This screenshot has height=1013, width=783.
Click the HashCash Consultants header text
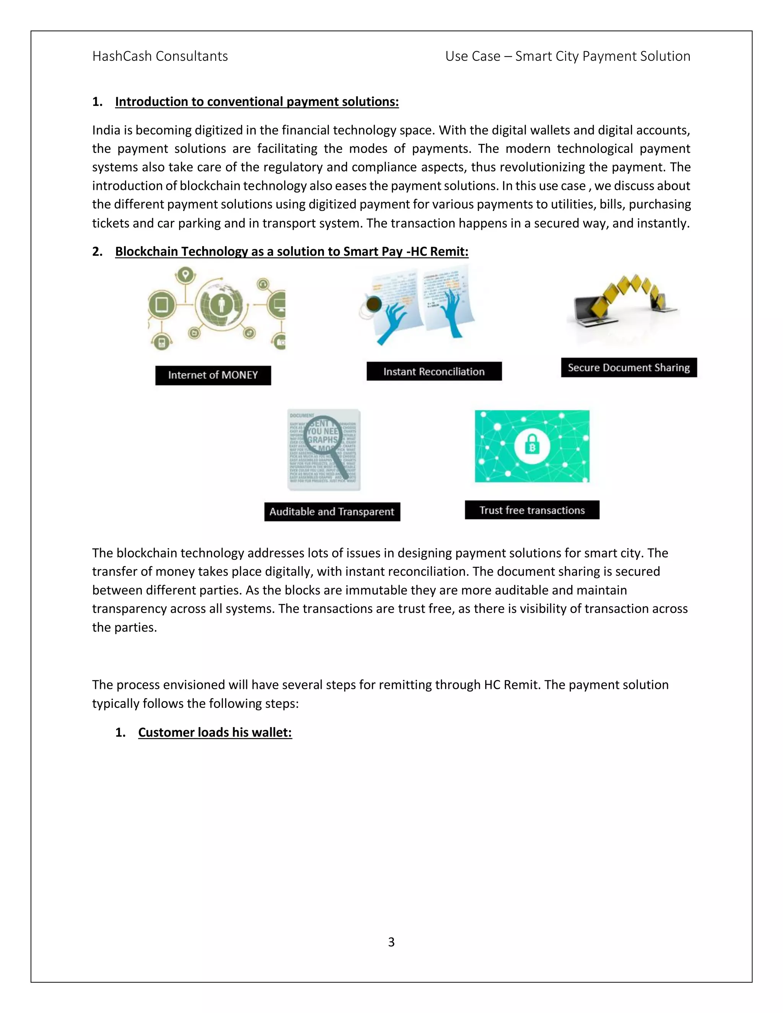pos(160,56)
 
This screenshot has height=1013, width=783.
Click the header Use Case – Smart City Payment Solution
pos(567,56)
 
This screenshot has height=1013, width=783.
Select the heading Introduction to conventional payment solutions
pos(257,102)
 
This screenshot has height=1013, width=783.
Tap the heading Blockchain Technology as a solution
pos(291,252)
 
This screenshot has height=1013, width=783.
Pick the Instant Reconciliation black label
pos(434,372)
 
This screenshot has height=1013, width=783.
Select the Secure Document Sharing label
pos(629,368)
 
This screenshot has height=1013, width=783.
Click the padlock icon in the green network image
pos(532,446)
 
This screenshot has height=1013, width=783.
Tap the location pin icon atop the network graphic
pos(186,274)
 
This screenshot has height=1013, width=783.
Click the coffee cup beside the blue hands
pos(374,304)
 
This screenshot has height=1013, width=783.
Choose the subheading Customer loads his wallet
pos(215,732)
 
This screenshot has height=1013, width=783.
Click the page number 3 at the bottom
pos(391,942)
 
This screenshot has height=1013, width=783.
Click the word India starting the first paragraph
pos(106,130)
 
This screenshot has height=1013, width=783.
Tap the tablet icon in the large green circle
pos(161,305)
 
